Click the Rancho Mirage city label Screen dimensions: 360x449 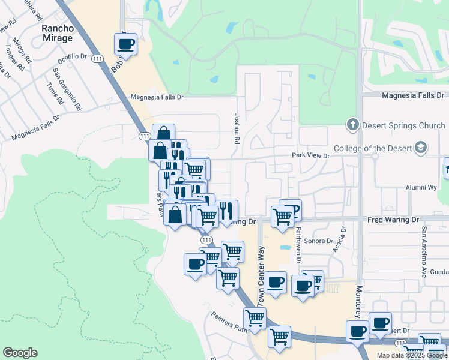57,33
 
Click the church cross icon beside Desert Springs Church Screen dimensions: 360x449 353,125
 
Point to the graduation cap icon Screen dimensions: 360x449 421,148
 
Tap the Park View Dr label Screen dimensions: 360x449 311,156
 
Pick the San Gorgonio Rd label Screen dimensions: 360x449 67,89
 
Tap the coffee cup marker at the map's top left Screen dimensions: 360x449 126,44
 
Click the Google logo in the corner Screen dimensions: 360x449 20,353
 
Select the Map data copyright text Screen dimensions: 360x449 412,355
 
